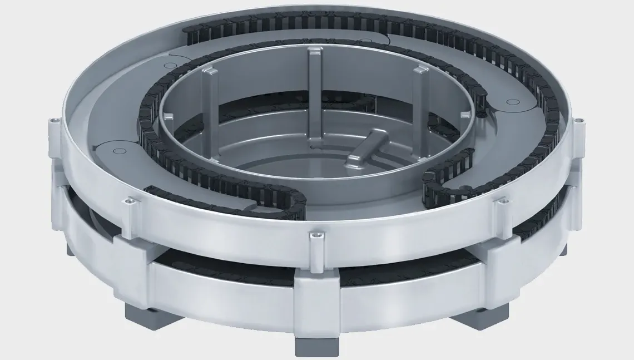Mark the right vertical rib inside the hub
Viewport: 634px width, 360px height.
click(x=420, y=100)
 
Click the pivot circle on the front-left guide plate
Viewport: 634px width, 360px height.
click(x=118, y=150)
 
